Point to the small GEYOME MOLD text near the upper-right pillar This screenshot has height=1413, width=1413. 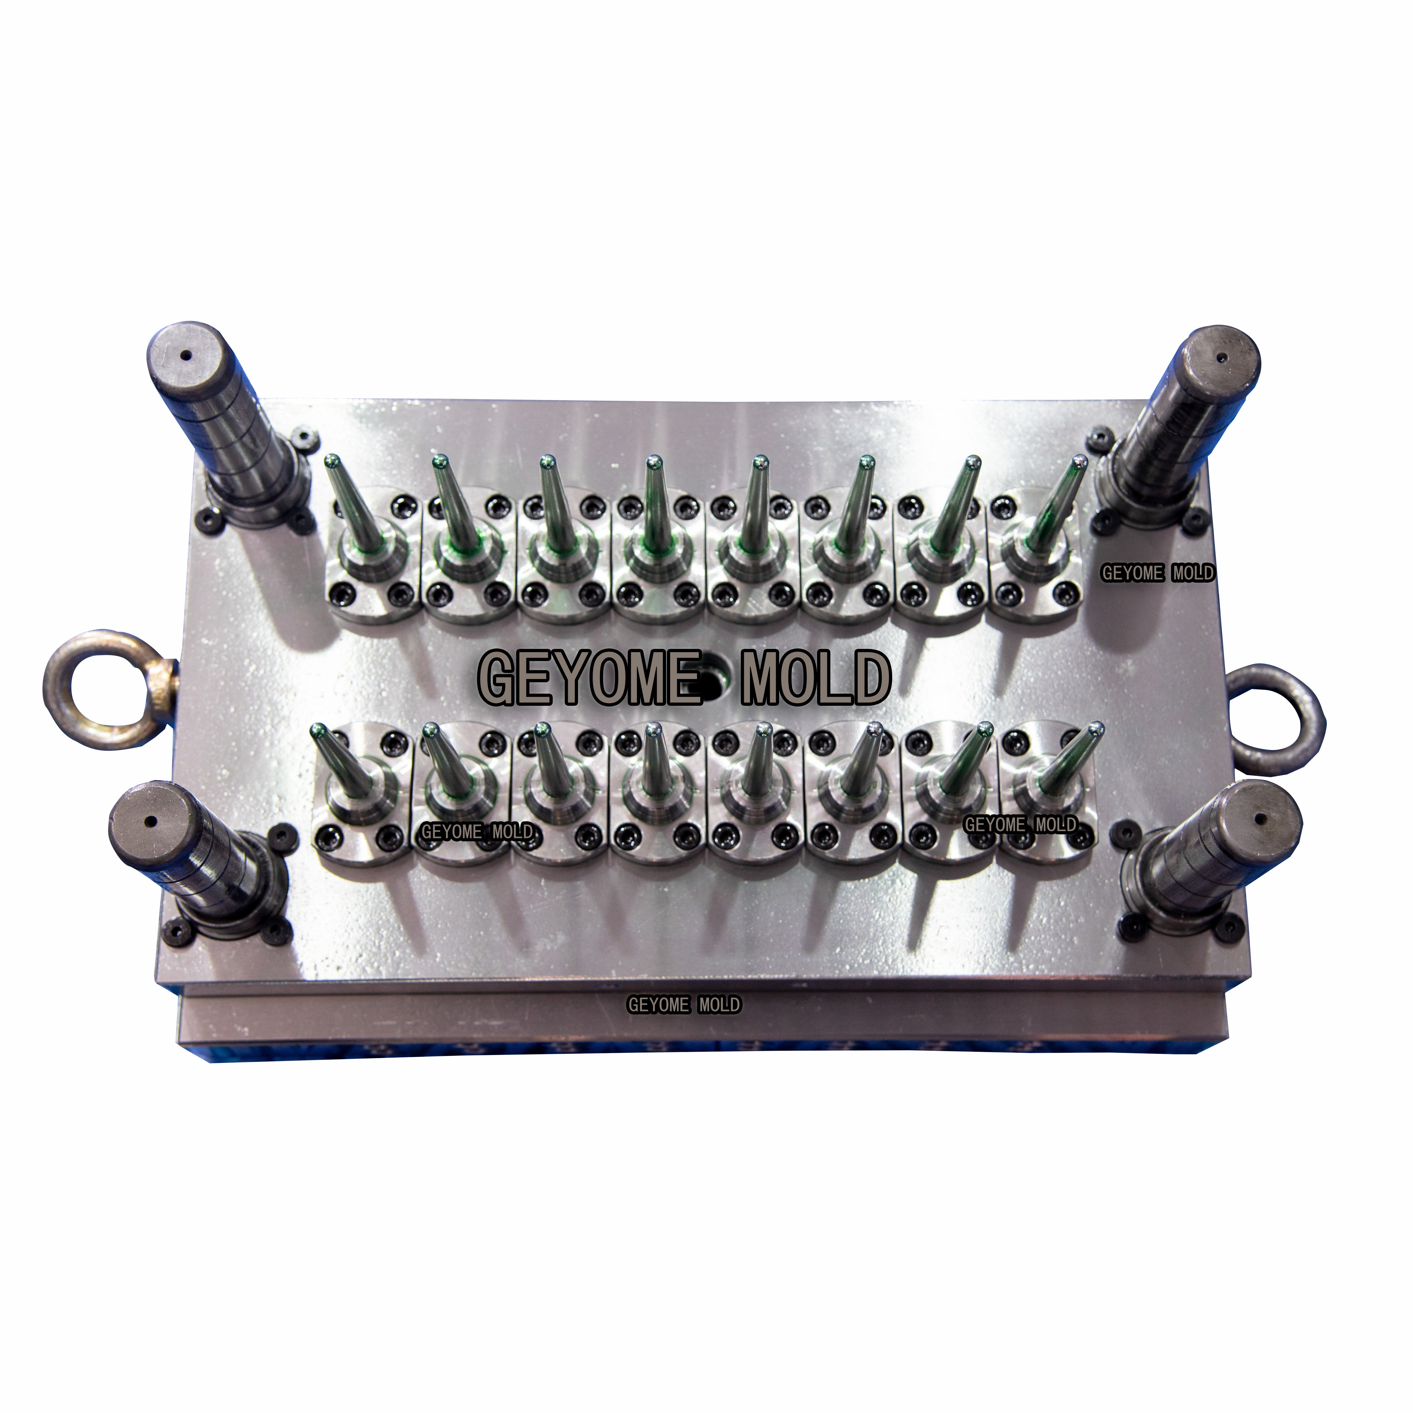pyautogui.click(x=1158, y=573)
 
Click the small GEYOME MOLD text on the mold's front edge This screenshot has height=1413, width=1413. pyautogui.click(x=684, y=1005)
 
